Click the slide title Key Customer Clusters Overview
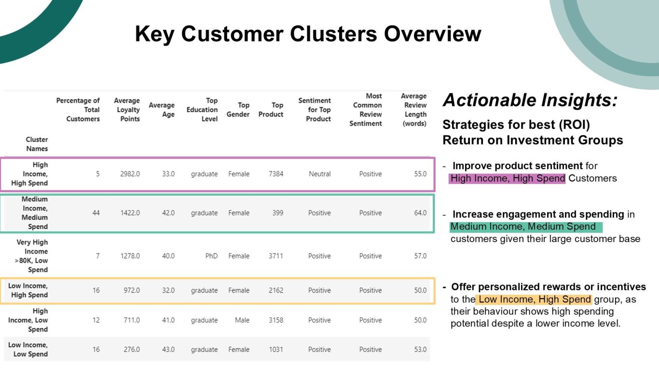click(x=308, y=34)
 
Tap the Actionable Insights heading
click(x=530, y=100)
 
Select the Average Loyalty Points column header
click(x=127, y=110)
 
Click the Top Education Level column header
click(x=202, y=110)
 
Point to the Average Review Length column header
click(x=413, y=110)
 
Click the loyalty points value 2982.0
click(x=130, y=174)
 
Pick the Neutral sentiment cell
click(x=319, y=174)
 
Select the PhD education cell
click(x=211, y=256)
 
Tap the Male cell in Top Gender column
click(x=242, y=320)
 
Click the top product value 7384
click(x=276, y=174)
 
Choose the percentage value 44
click(x=96, y=213)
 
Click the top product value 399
click(x=278, y=213)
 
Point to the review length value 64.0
click(x=420, y=213)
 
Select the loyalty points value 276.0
click(x=132, y=349)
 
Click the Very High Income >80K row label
click(x=32, y=256)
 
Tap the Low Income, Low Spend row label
click(x=28, y=349)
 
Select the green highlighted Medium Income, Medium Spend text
click(x=523, y=227)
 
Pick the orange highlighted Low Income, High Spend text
click(x=535, y=300)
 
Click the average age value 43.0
click(x=168, y=349)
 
